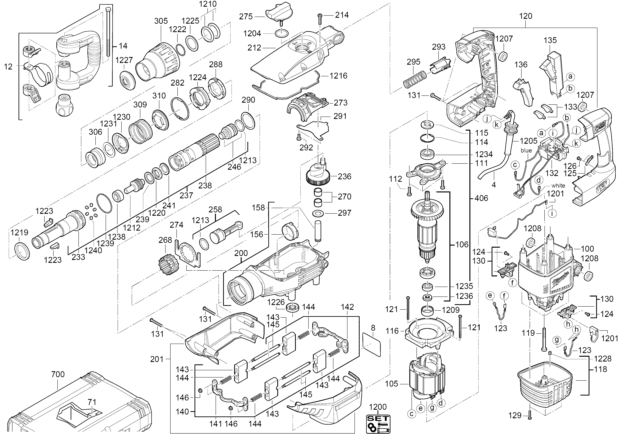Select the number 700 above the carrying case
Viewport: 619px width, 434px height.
(58, 374)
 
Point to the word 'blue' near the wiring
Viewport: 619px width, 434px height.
(526, 151)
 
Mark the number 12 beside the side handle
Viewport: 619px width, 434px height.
(8, 67)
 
